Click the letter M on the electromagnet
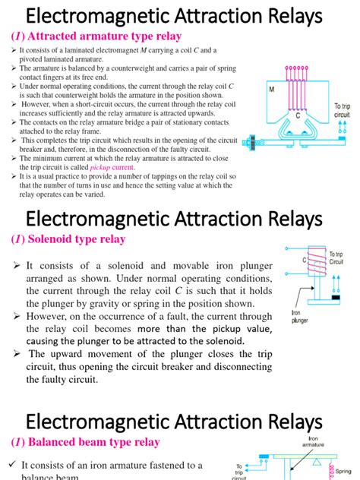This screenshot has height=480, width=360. tap(272, 90)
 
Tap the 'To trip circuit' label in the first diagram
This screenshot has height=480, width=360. tap(343, 111)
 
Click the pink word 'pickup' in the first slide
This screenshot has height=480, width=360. tap(102, 166)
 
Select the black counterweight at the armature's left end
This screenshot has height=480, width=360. tap(248, 141)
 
